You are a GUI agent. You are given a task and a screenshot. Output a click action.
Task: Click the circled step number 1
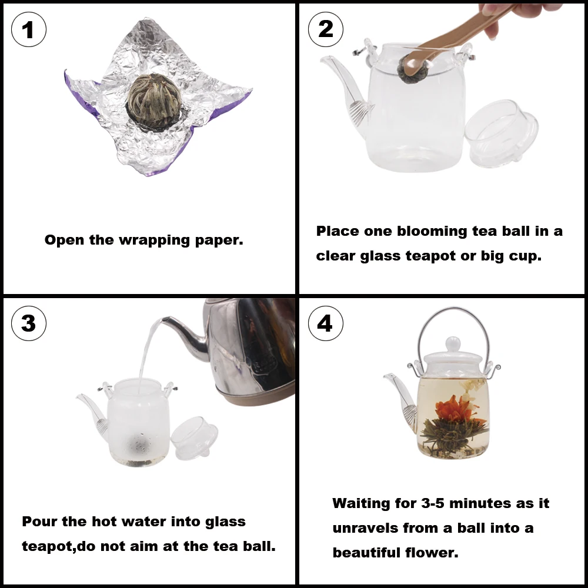pos(28,29)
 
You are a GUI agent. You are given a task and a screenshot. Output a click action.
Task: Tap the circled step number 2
pos(325,29)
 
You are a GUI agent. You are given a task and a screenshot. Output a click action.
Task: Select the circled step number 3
pos(28,323)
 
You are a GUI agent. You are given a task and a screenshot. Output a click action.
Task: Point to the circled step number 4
pos(325,323)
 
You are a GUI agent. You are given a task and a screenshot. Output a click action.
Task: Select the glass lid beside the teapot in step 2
pos(503,132)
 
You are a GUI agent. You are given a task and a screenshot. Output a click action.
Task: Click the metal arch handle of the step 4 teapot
pos(453,313)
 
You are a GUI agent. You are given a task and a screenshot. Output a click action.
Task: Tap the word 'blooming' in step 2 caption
pos(432,231)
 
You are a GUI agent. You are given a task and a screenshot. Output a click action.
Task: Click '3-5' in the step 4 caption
pos(427,503)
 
